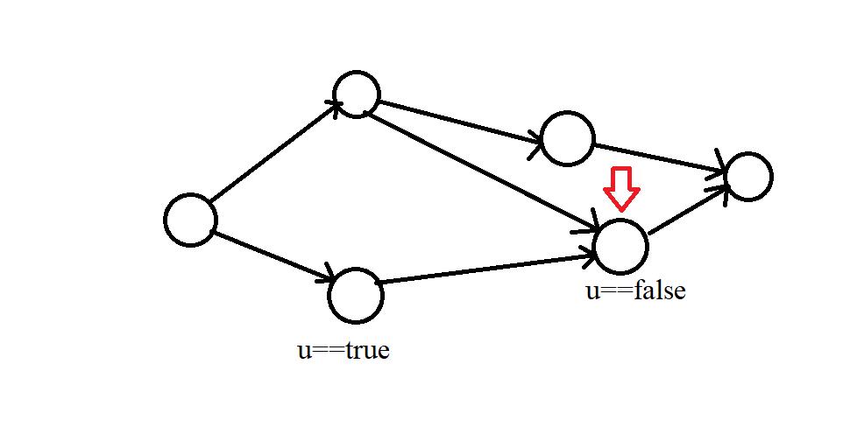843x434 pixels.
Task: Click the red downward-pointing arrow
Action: (x=621, y=188)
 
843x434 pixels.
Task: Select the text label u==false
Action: (x=635, y=290)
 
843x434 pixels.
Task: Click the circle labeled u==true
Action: (x=355, y=296)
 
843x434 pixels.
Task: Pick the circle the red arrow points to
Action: (x=621, y=245)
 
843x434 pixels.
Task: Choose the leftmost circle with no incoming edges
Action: (x=190, y=220)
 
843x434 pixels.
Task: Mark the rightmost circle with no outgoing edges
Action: (x=747, y=177)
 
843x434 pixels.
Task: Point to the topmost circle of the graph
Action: (x=356, y=94)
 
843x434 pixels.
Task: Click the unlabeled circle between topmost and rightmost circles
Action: (x=567, y=138)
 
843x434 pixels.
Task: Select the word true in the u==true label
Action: (x=367, y=351)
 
